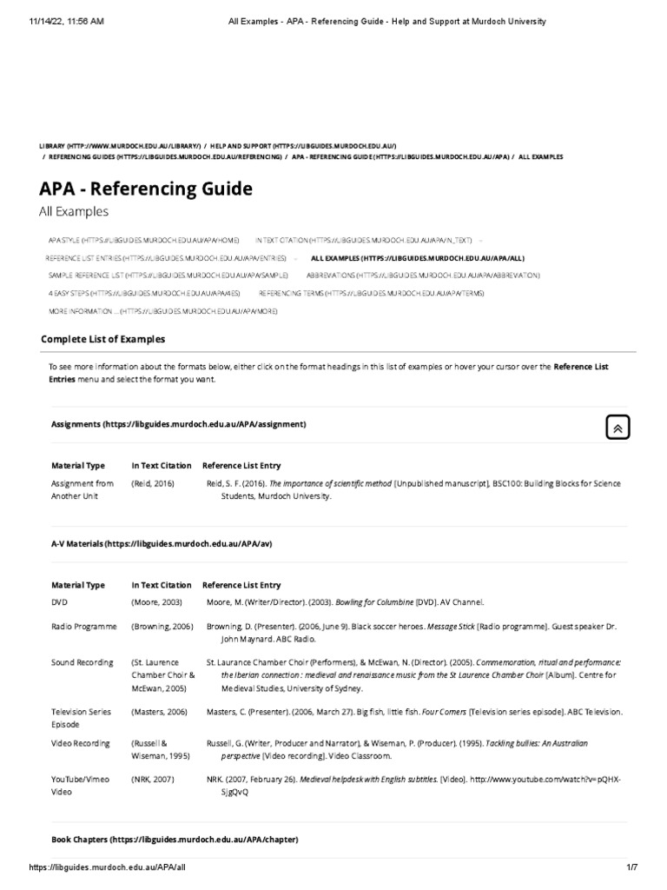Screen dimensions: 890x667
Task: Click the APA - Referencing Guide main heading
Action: pyautogui.click(x=145, y=189)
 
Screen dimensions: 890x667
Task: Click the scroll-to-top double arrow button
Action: pyautogui.click(x=617, y=427)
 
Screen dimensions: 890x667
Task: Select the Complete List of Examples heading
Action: pyautogui.click(x=102, y=339)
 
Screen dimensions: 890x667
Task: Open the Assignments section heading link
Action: pyautogui.click(x=178, y=424)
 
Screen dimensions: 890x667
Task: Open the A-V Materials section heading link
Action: pyautogui.click(x=162, y=543)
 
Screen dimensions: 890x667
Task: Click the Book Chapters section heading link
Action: pyautogui.click(x=175, y=840)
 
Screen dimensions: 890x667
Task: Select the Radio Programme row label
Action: pyautogui.click(x=83, y=625)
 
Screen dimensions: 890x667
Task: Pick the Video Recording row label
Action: pyautogui.click(x=81, y=743)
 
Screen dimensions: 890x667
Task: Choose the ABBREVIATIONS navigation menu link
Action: pyautogui.click(x=423, y=275)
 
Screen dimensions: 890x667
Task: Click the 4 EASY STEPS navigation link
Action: pyautogui.click(x=144, y=294)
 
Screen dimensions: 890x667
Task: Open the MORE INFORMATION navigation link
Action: pyautogui.click(x=163, y=310)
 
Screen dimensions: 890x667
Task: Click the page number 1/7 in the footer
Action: pyautogui.click(x=631, y=880)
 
